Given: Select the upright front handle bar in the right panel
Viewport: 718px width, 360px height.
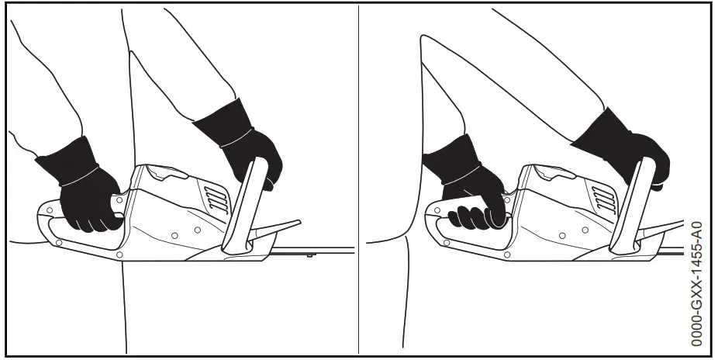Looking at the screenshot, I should tap(630, 206).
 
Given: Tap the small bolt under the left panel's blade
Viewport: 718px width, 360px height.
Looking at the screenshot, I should tap(308, 254).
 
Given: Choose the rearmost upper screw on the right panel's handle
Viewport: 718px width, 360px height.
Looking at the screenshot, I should tap(435, 209).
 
